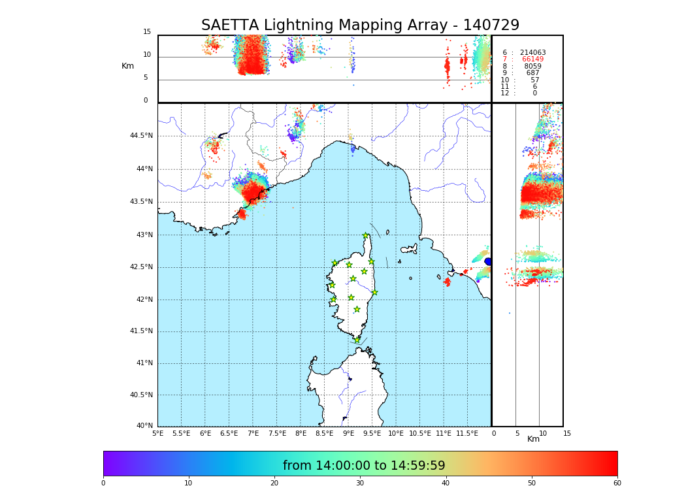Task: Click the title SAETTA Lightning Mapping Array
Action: (360, 25)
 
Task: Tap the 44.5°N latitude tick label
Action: (141, 136)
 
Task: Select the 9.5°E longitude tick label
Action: (372, 433)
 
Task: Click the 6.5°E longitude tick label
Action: (229, 433)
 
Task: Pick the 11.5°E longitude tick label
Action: (467, 433)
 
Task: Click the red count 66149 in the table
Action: (532, 59)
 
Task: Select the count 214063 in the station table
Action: (532, 53)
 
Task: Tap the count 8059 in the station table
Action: (532, 67)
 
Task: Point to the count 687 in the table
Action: (532, 73)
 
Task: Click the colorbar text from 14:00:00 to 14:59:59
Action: (364, 466)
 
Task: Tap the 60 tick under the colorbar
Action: (617, 483)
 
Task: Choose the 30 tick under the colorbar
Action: (360, 483)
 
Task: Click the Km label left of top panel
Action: (127, 66)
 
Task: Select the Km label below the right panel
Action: (533, 439)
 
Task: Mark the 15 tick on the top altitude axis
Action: (147, 32)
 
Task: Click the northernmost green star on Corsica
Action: (366, 236)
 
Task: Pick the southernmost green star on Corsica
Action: (357, 340)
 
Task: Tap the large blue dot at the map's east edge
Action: (488, 261)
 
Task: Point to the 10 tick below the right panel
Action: (543, 433)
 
